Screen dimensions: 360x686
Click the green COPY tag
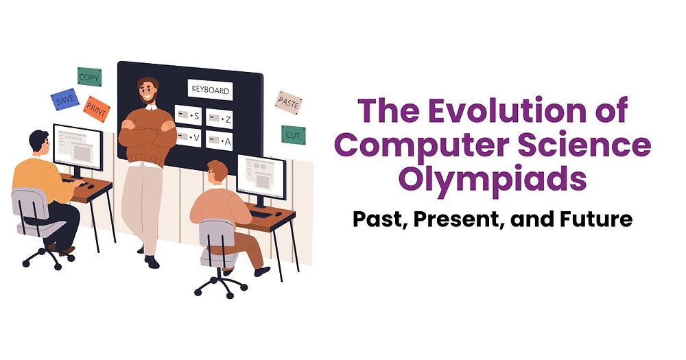[x=88, y=77]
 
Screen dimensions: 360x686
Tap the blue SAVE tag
[x=64, y=100]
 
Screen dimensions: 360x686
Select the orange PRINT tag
[x=97, y=108]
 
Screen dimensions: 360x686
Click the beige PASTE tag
[x=288, y=102]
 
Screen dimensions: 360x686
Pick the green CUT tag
[x=293, y=134]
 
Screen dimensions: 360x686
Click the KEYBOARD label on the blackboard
[x=210, y=90]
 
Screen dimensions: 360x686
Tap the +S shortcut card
[x=188, y=116]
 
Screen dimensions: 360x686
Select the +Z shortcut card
[x=220, y=119]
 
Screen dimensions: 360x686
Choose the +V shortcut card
[x=188, y=137]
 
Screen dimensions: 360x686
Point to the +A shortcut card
[x=220, y=141]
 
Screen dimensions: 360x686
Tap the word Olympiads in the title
[x=493, y=178]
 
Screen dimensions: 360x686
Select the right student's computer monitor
[x=261, y=176]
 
